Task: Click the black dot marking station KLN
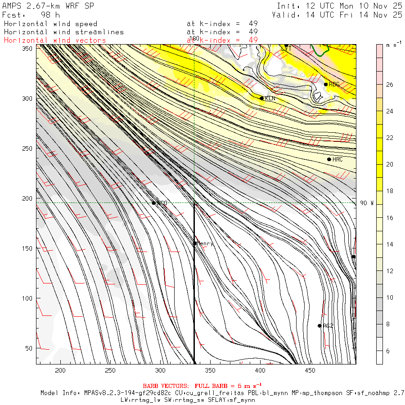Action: click(x=261, y=98)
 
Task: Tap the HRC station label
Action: click(x=337, y=160)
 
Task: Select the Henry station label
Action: click(x=205, y=243)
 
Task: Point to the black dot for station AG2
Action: click(x=319, y=326)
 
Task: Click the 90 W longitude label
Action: click(x=367, y=203)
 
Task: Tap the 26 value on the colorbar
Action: click(x=390, y=85)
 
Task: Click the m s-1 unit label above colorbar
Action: click(x=394, y=46)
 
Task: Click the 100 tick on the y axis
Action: click(x=29, y=298)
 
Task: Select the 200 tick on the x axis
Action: click(x=60, y=370)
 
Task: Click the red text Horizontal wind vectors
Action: click(x=55, y=40)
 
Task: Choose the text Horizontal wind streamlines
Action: click(x=63, y=32)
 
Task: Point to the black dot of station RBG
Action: click(x=326, y=84)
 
